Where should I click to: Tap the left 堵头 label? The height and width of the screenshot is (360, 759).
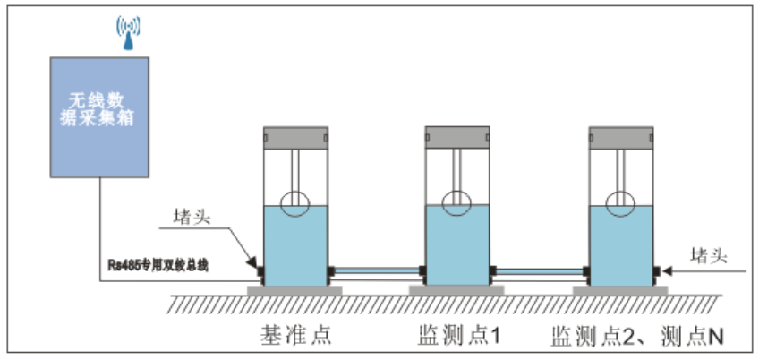pyautogui.click(x=191, y=217)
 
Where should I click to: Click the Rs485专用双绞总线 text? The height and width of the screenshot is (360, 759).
pyautogui.click(x=157, y=265)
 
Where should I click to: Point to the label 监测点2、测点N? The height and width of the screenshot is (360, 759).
pyautogui.click(x=636, y=335)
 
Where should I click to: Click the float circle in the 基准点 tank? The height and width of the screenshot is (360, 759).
pyautogui.click(x=295, y=204)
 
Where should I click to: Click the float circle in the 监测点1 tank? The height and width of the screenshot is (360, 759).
pyautogui.click(x=458, y=202)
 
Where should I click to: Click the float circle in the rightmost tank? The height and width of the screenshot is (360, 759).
pyautogui.click(x=621, y=202)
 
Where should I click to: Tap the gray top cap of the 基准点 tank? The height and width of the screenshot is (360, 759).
pyautogui.click(x=295, y=137)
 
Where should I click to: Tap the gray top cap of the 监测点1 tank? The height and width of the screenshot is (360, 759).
pyautogui.click(x=458, y=137)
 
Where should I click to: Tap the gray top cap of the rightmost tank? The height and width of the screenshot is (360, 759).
pyautogui.click(x=621, y=137)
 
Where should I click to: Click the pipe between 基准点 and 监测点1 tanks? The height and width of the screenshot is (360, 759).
pyautogui.click(x=377, y=270)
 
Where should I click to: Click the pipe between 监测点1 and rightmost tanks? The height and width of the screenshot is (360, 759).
pyautogui.click(x=540, y=270)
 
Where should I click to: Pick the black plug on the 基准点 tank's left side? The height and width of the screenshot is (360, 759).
pyautogui.click(x=259, y=270)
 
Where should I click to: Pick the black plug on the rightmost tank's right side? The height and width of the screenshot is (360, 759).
pyautogui.click(x=658, y=270)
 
